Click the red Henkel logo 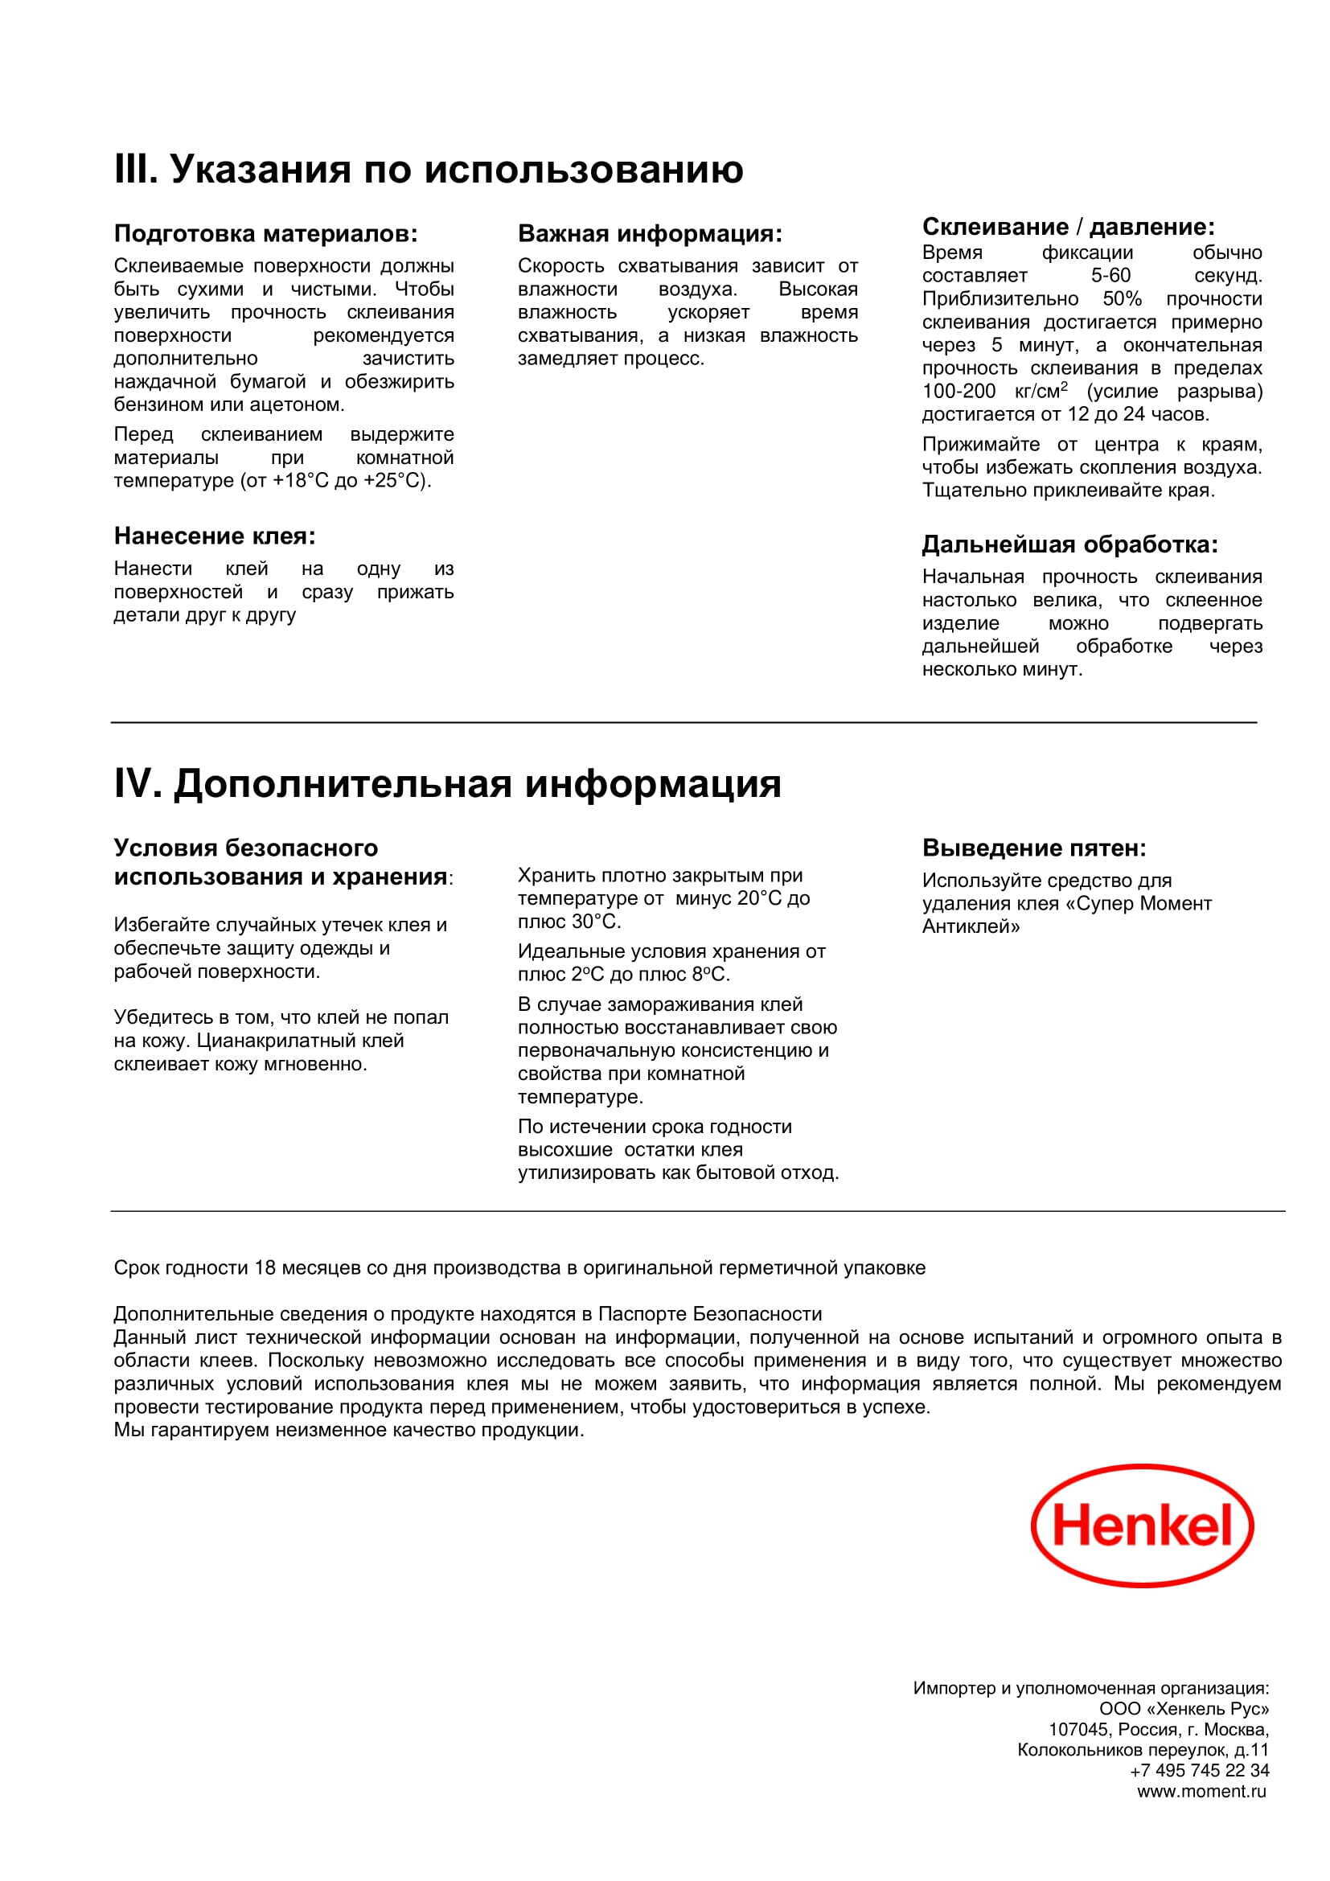pos(1143,1527)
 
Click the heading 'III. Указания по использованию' pos(429,170)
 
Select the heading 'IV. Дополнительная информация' pos(447,783)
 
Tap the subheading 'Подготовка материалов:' pos(265,234)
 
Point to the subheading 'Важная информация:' pos(650,234)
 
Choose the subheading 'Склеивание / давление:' pos(1068,227)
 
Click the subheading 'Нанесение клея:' pos(215,536)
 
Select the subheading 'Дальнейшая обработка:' pos(1069,544)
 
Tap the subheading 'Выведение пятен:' pos(1033,848)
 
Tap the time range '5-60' pos(1110,276)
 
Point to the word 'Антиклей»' pos(971,927)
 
